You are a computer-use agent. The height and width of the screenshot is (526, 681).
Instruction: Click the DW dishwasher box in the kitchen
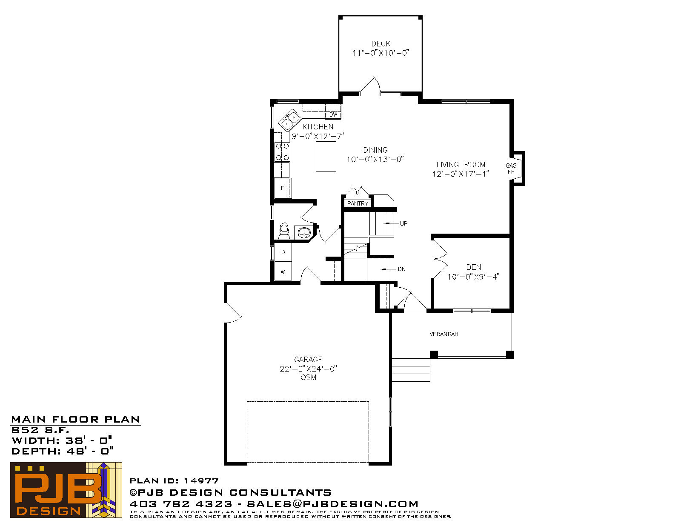(333, 111)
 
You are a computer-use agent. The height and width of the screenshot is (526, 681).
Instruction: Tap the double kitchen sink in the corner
(290, 120)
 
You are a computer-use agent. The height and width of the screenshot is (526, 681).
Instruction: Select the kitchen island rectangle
(326, 157)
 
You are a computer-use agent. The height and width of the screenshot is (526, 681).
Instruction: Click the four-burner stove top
(282, 152)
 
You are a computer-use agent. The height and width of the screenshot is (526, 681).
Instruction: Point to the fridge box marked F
(283, 188)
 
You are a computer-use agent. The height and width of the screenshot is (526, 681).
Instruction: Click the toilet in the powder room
(284, 231)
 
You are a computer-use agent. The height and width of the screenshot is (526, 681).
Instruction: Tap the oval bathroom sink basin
(303, 232)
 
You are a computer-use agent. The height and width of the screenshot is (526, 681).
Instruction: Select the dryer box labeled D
(283, 252)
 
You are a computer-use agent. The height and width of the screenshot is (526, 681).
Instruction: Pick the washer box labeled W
(283, 272)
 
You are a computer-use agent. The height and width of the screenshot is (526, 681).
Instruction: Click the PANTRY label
(358, 203)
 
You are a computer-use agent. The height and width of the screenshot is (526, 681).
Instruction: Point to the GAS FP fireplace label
(511, 169)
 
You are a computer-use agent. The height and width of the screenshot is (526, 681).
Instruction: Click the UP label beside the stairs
(403, 223)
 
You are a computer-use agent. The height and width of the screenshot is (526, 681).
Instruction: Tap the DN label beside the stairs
(401, 269)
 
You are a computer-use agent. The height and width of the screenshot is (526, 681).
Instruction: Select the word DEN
(474, 267)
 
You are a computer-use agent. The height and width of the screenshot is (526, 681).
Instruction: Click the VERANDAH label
(444, 334)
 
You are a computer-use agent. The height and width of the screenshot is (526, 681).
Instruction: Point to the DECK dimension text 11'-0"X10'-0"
(381, 53)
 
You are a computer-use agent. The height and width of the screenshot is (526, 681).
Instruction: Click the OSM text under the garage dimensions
(309, 377)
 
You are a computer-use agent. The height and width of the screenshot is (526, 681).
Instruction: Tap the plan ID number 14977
(201, 480)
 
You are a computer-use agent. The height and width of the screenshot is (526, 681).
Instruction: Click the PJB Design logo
(66, 490)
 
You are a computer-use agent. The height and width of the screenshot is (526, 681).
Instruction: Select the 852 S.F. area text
(40, 430)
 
